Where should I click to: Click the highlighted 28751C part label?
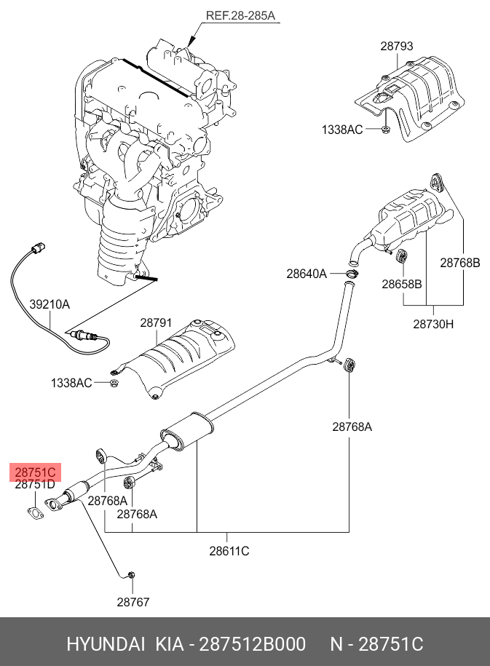point(36,472)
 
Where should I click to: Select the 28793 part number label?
point(396,46)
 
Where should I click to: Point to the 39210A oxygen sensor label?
point(50,304)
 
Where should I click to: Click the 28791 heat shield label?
point(156,321)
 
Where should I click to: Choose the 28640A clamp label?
point(306,274)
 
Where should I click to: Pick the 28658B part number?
point(401,284)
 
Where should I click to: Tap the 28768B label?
point(459,263)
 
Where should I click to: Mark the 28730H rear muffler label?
point(433,324)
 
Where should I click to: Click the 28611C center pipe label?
point(229,551)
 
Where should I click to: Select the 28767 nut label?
point(133,602)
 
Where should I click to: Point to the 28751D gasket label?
point(35,484)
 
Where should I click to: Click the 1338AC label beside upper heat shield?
point(342,130)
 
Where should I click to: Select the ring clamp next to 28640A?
point(352,274)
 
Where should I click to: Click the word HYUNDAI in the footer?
point(106,644)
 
